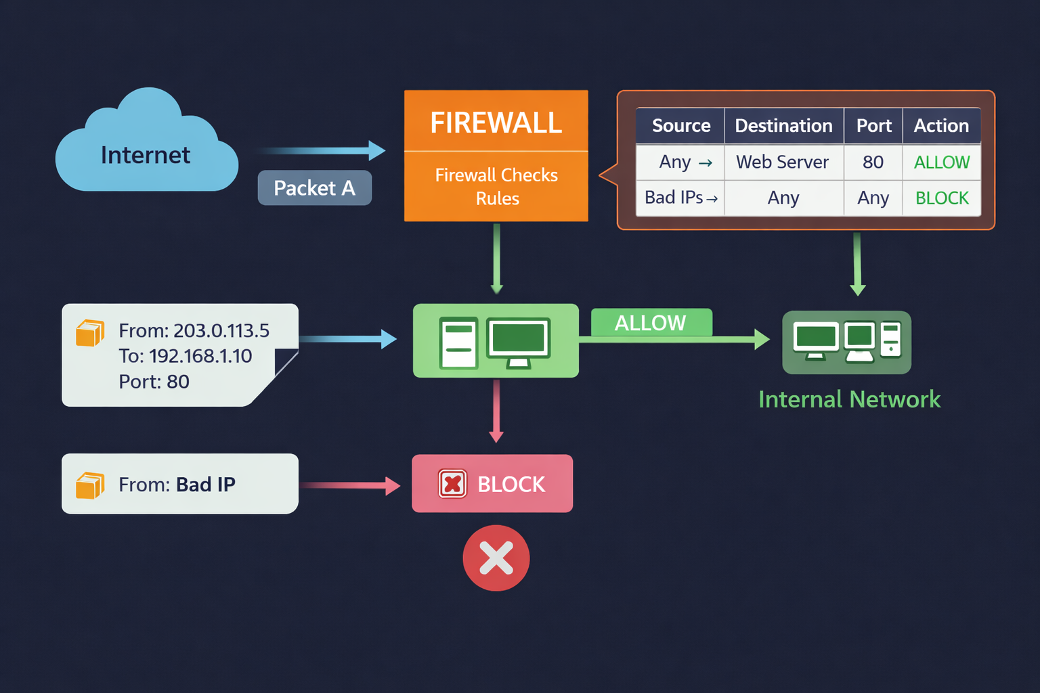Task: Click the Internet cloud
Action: pos(146,146)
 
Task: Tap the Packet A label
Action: pos(314,187)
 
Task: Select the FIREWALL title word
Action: pos(496,122)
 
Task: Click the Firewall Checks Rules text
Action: pos(496,186)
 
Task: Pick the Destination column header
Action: pos(783,126)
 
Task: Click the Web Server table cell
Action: pos(782,162)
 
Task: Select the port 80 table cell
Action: pos(873,162)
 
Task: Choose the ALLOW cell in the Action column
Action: pos(941,162)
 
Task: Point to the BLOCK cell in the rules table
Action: pos(942,198)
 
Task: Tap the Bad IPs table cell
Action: pos(680,198)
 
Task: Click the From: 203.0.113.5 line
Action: pos(194,330)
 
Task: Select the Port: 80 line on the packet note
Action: pos(154,382)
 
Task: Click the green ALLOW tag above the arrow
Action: pos(651,323)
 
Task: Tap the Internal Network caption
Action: pos(849,399)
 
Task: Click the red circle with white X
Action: pos(496,558)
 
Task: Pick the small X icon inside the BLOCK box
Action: pos(452,484)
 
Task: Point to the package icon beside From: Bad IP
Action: pos(89,485)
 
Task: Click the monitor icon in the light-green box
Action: pos(519,340)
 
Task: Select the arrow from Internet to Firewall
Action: pos(321,150)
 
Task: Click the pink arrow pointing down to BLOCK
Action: pos(496,410)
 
